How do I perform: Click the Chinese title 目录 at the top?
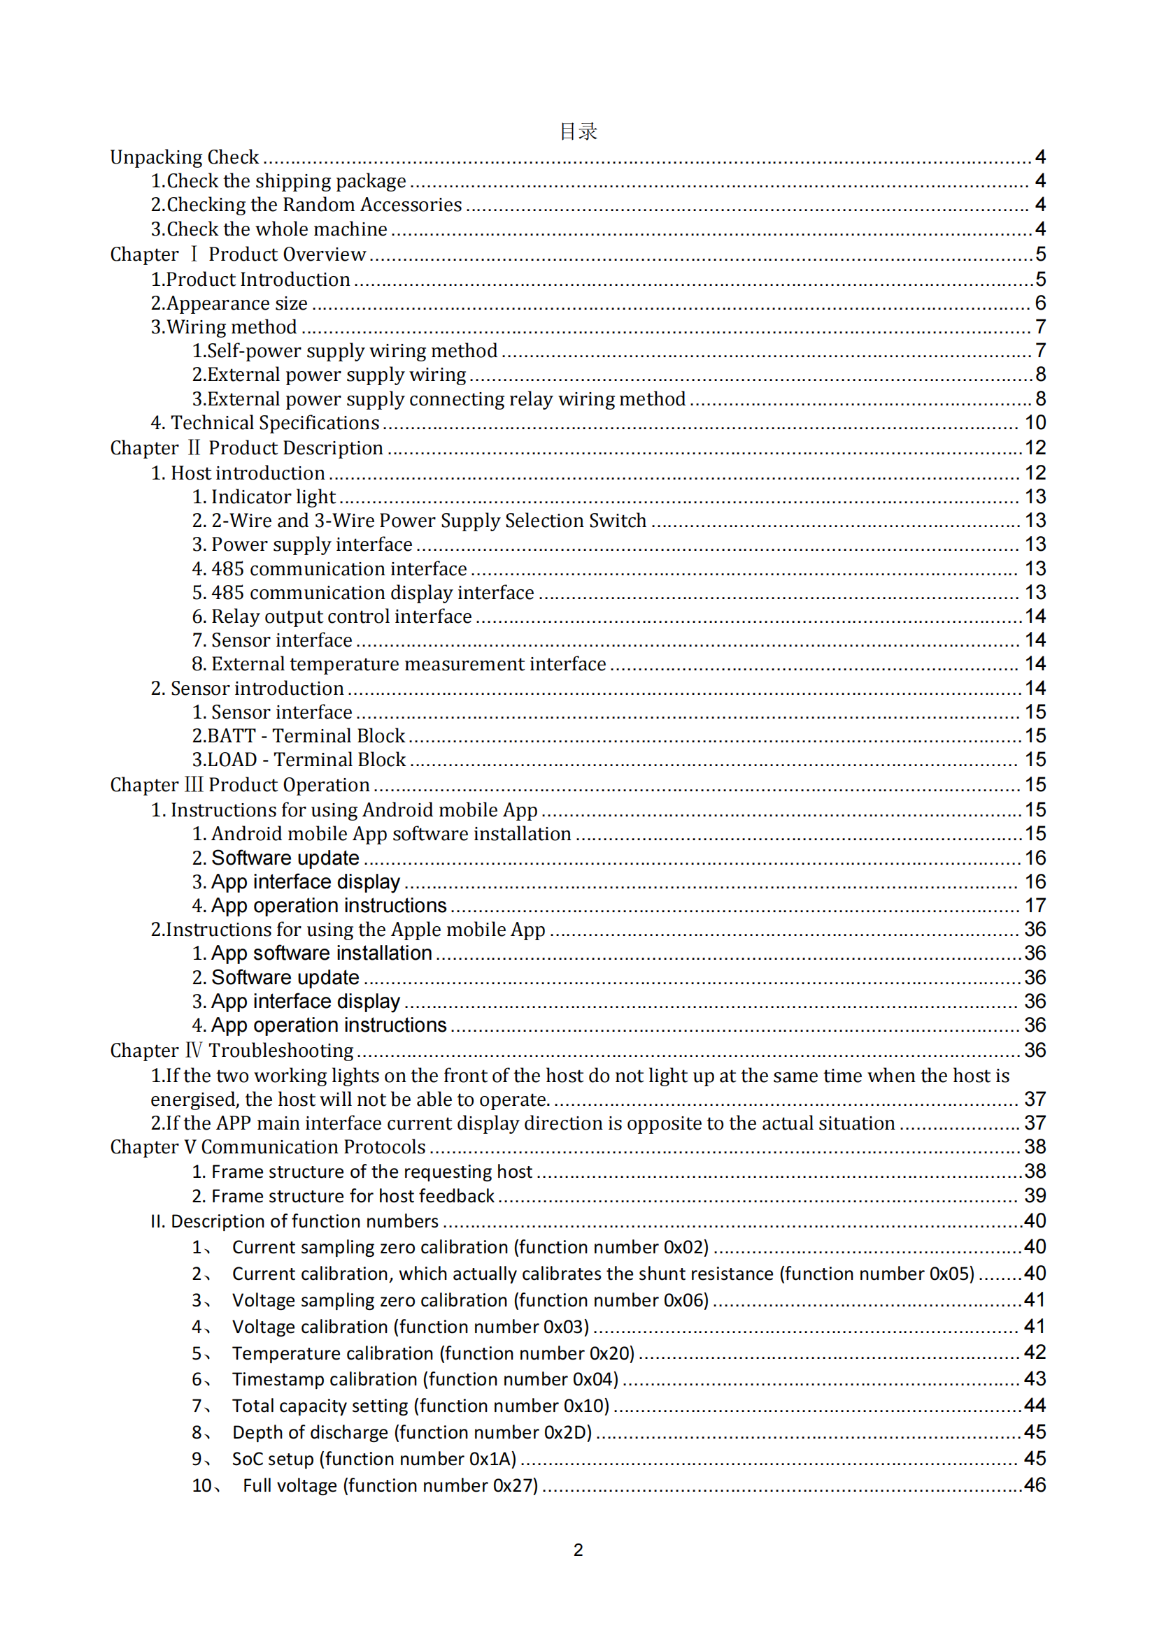[578, 131]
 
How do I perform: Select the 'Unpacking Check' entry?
[185, 157]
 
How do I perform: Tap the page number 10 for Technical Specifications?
[1035, 423]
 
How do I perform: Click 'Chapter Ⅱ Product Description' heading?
[246, 448]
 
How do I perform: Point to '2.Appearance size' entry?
[229, 303]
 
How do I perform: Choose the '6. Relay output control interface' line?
[332, 617]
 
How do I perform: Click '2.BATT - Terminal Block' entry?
[299, 735]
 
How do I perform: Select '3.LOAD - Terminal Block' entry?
[299, 760]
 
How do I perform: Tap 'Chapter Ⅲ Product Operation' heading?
[240, 785]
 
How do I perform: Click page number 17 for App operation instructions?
[1035, 906]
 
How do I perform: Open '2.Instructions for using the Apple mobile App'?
[348, 930]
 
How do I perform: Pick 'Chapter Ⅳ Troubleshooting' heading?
[232, 1051]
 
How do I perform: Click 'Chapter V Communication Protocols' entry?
[268, 1147]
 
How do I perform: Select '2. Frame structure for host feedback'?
[343, 1196]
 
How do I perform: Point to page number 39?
[1035, 1196]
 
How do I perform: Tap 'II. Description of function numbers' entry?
[294, 1222]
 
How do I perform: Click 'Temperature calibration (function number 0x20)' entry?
[433, 1354]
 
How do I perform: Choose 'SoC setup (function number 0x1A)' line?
[374, 1459]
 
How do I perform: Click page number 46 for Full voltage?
[1035, 1485]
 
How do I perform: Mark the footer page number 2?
[578, 1550]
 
